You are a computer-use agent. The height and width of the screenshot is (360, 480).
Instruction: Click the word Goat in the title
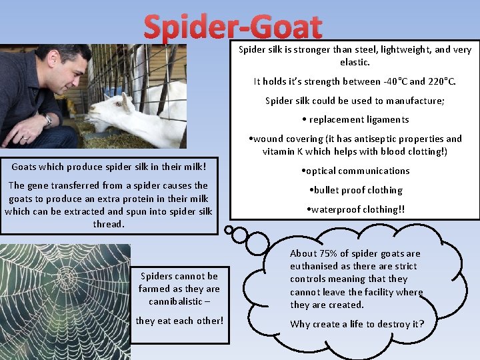[287, 28]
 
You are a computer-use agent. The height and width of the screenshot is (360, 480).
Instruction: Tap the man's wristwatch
[48, 120]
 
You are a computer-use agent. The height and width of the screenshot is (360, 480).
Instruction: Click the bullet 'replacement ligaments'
[355, 120]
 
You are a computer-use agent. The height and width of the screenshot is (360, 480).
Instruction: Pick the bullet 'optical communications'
[355, 171]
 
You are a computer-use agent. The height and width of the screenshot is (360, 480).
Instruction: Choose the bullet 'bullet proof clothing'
[355, 190]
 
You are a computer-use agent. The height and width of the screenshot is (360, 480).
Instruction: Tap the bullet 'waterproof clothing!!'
[355, 209]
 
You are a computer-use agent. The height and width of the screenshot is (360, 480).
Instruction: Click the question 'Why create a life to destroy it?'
[357, 324]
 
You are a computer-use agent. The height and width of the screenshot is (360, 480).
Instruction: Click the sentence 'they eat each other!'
[179, 321]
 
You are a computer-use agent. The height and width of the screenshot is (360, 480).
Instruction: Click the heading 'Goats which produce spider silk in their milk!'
[109, 165]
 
